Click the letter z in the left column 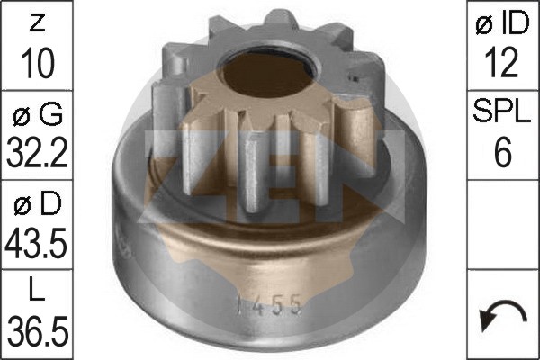[x=38, y=23]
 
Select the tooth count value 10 [x=38, y=63]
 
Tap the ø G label [x=38, y=114]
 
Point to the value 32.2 [x=37, y=152]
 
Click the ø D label [x=38, y=203]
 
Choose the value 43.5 [x=36, y=243]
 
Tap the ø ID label [x=502, y=22]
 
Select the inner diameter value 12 [x=501, y=63]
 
